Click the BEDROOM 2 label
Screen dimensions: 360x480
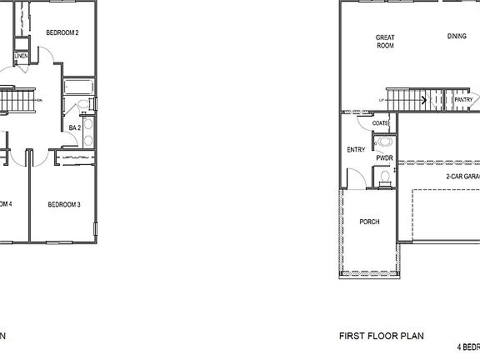62,33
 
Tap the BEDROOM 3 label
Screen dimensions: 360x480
63,204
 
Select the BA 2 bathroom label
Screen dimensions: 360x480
75,127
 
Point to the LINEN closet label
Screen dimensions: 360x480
22,57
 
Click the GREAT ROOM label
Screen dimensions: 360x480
385,41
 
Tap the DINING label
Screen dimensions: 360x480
457,37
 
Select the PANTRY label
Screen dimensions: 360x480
464,100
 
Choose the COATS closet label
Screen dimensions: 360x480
380,123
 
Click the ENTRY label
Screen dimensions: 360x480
356,150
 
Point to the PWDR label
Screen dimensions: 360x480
384,157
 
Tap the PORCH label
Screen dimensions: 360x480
369,222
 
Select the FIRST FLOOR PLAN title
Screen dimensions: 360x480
381,337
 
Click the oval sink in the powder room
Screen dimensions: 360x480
383,142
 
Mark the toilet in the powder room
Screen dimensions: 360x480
384,176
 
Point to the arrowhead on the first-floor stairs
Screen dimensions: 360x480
426,100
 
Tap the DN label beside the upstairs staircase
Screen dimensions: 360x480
40,101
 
